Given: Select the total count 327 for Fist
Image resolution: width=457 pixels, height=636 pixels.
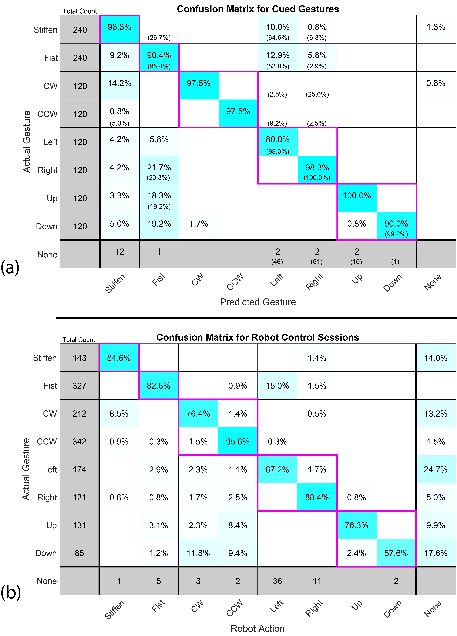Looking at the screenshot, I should (79, 386).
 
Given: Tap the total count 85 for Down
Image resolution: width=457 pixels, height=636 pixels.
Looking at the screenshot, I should (79, 553).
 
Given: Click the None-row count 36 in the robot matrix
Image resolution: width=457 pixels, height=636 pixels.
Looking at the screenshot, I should (277, 581).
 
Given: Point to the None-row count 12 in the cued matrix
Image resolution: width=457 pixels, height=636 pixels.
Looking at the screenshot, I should (120, 252).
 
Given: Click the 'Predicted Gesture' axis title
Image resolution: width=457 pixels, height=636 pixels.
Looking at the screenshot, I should (258, 302).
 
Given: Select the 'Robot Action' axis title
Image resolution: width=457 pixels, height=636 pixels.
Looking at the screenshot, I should (258, 628).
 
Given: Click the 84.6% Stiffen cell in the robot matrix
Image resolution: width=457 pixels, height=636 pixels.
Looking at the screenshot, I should (119, 358).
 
